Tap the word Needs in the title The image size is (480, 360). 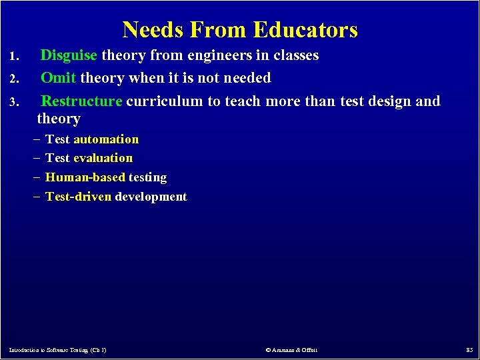tap(153, 30)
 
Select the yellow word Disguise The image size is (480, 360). tap(69, 55)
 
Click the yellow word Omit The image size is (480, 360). tap(58, 78)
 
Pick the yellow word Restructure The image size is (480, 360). tap(81, 101)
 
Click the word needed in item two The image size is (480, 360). tap(246, 78)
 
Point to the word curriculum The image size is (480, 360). tap(165, 101)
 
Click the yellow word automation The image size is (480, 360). tap(106, 139)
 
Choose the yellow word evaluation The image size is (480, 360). tap(103, 158)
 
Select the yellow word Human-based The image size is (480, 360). tap(85, 177)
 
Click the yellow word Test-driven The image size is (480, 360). tap(78, 197)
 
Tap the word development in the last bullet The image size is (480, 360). tap(151, 197)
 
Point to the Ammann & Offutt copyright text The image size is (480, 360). tap(291, 350)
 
